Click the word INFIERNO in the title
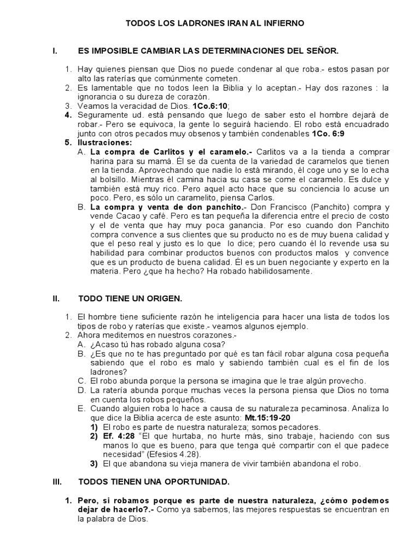click(277, 24)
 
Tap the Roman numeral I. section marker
click(54, 51)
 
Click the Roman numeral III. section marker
click(57, 483)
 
